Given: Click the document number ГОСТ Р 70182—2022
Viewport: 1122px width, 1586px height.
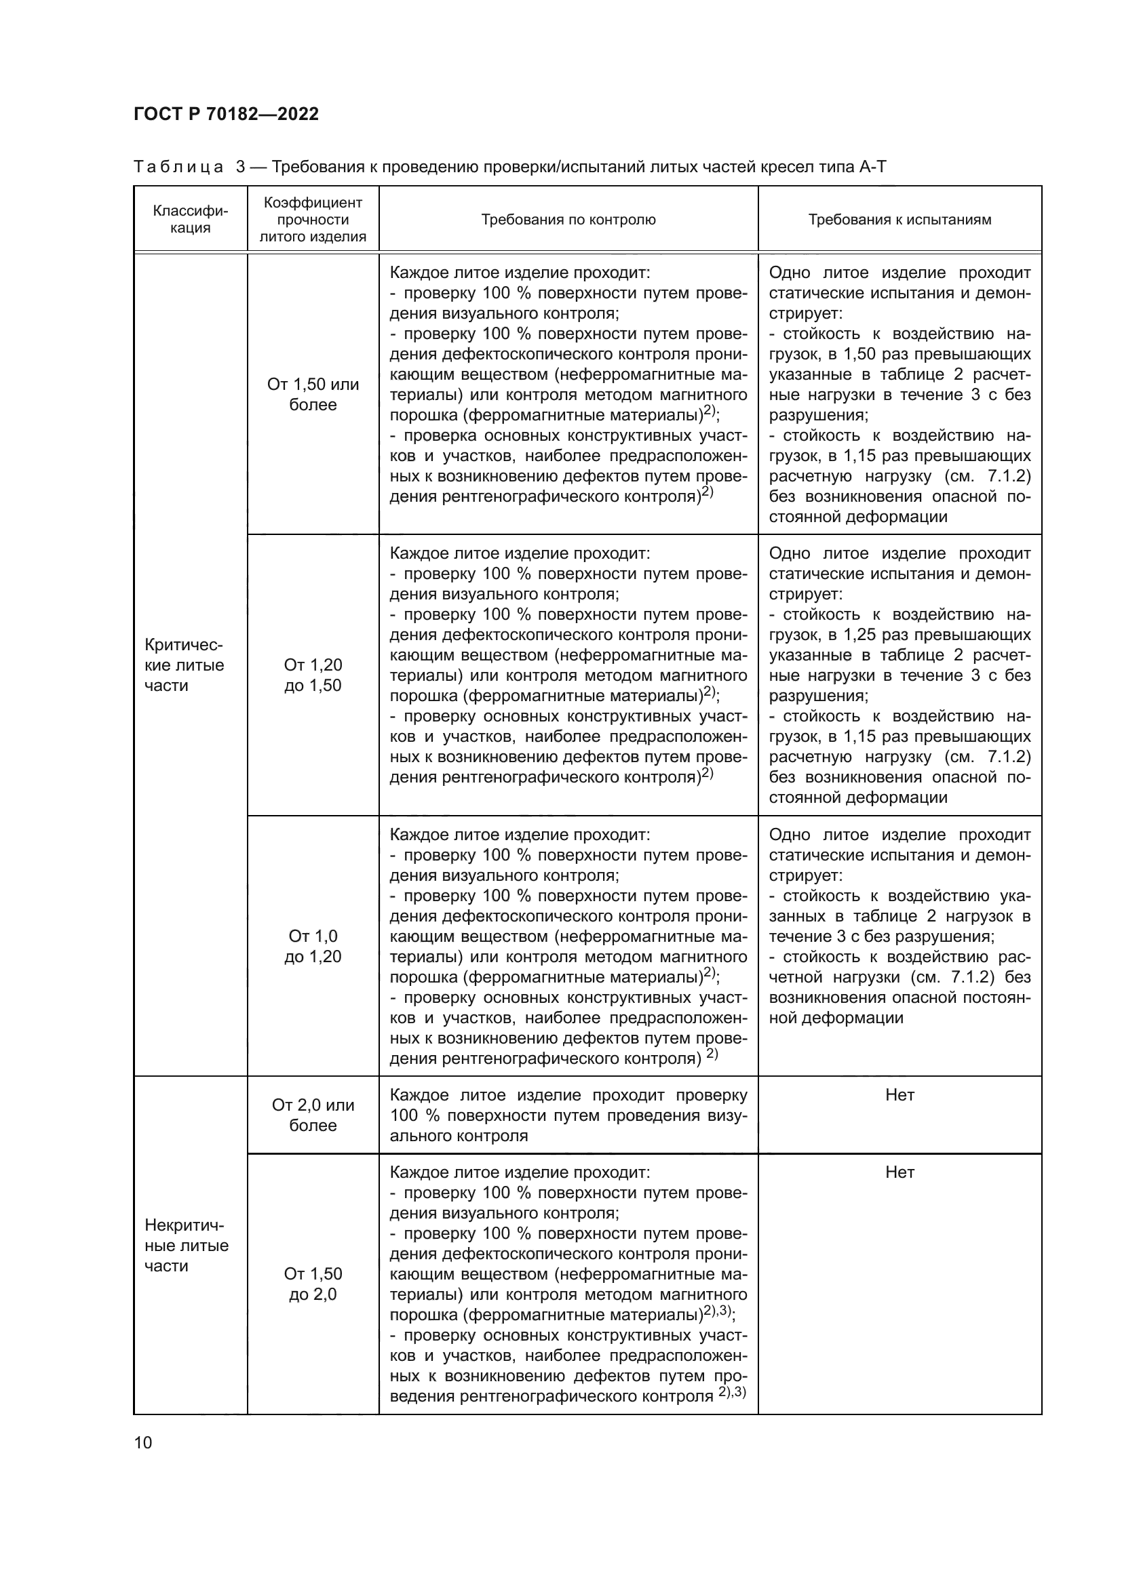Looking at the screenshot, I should click(226, 115).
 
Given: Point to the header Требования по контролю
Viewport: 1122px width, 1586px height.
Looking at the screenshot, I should click(568, 220).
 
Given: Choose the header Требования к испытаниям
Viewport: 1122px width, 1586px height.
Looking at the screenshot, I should click(899, 220).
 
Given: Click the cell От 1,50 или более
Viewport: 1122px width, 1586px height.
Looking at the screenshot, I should click(313, 395).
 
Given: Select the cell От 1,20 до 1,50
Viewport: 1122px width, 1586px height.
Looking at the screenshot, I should click(313, 675).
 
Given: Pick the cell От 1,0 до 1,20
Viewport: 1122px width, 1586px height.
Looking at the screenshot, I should click(313, 947).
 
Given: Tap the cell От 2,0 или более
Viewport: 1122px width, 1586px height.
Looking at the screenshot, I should click(313, 1115).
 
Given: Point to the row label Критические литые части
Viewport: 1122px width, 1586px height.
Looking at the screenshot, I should click(184, 665).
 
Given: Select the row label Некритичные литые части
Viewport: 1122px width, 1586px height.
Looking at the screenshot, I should click(186, 1246).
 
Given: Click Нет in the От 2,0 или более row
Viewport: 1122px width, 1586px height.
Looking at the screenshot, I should click(899, 1095).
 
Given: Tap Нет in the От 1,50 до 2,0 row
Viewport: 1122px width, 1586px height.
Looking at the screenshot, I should click(899, 1172).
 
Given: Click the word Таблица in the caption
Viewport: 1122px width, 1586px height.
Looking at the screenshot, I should click(178, 167).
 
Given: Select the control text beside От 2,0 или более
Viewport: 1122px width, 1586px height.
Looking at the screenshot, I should click(568, 1115).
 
